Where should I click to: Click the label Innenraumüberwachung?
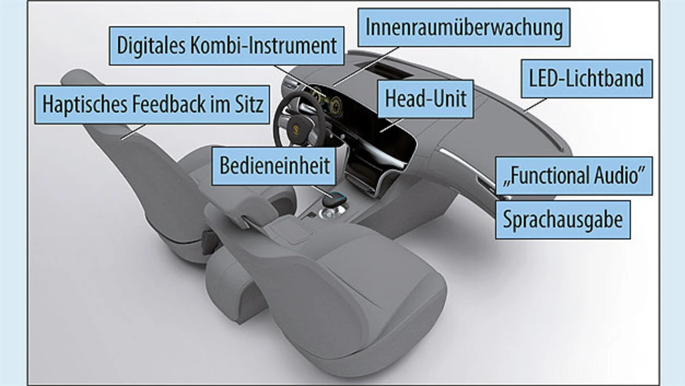point(464,27)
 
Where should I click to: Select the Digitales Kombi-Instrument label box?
point(227,46)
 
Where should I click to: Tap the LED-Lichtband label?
point(586,79)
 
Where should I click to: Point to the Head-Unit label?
point(425,99)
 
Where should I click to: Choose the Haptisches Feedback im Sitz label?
point(153,104)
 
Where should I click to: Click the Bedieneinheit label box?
point(275,165)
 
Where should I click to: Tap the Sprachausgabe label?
point(562,220)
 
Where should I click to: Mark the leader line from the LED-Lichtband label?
point(535,104)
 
